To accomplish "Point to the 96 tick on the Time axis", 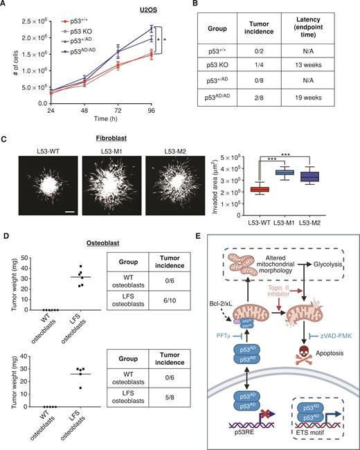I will click(x=152, y=109).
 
